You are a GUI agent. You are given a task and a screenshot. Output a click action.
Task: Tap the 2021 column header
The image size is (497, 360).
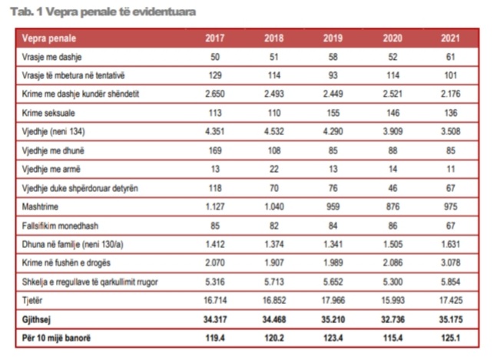pos(451,38)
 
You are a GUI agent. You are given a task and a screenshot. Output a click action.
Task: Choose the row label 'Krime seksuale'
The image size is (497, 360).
pos(47,113)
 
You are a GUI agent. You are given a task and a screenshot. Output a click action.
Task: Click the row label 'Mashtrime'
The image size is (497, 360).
pos(40,206)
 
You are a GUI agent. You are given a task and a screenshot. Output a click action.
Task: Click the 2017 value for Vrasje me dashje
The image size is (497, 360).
pos(216,57)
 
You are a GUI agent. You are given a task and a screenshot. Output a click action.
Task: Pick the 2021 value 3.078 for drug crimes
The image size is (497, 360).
pos(451,263)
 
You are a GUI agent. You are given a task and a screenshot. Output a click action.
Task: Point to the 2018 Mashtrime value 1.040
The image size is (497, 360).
pos(274,206)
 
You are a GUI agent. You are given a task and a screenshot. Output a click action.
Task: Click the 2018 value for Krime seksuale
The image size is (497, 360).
pos(274,113)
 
